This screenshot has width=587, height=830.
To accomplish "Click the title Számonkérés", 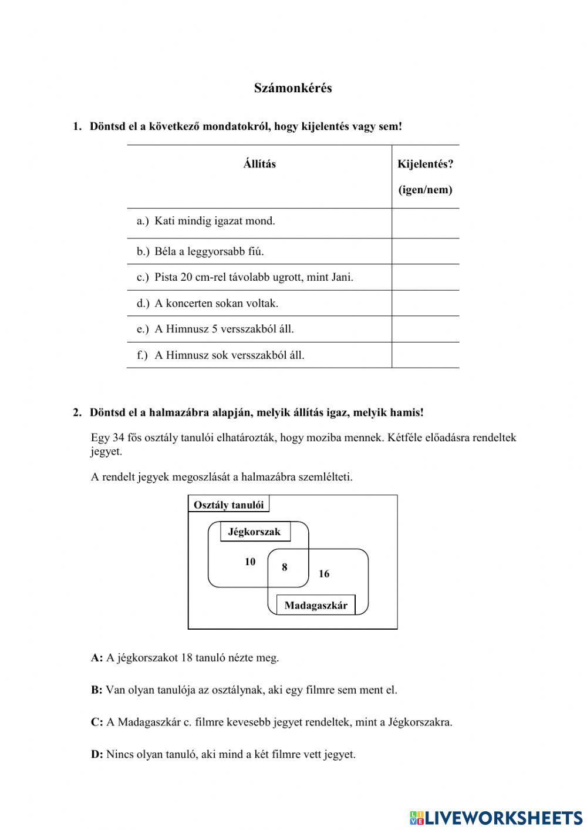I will (x=293, y=88).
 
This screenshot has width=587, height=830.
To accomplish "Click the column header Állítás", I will (x=259, y=164).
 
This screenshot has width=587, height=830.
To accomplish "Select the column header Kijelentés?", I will (x=425, y=164).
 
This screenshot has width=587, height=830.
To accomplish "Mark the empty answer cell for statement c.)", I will (x=425, y=277).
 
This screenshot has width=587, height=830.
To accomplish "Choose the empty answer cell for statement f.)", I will (x=425, y=355).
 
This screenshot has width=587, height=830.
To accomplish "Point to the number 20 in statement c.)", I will (x=187, y=277).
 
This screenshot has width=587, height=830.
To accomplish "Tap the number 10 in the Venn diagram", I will (x=250, y=562).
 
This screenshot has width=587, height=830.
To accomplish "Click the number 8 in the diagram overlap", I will (x=285, y=567).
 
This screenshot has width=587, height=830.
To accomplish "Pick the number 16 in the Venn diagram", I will (x=324, y=574).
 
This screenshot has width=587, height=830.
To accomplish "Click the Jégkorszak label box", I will (x=255, y=532).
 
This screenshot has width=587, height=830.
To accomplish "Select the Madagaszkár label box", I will (x=316, y=605).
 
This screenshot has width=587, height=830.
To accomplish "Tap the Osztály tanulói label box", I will (x=229, y=505).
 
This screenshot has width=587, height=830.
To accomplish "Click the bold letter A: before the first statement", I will (x=97, y=658).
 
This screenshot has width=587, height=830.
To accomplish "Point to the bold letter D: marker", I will (x=97, y=754).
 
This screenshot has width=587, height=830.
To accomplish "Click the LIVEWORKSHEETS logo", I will (x=496, y=817).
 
